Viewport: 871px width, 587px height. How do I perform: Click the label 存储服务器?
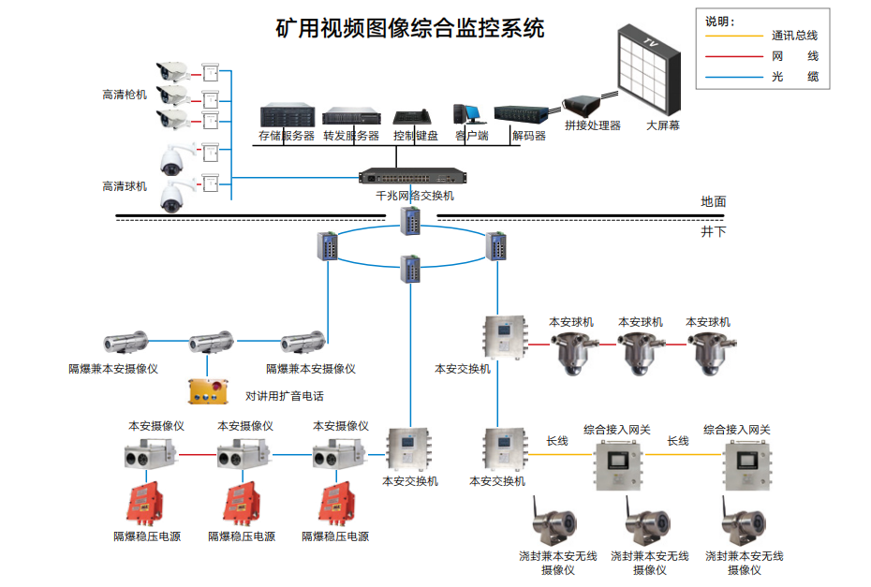pyautogui.click(x=287, y=136)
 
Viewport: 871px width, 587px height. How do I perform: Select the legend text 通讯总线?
pyautogui.click(x=795, y=37)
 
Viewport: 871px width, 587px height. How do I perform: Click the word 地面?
pyautogui.click(x=713, y=201)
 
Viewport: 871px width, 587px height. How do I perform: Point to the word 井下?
pyautogui.click(x=713, y=230)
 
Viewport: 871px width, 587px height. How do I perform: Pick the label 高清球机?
pyautogui.click(x=125, y=186)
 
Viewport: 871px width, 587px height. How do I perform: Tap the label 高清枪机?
pyautogui.click(x=125, y=95)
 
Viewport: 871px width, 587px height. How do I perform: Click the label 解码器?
pyautogui.click(x=529, y=136)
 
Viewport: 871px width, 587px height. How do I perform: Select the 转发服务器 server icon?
pyautogui.click(x=352, y=117)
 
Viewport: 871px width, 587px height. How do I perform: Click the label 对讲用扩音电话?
pyautogui.click(x=285, y=396)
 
